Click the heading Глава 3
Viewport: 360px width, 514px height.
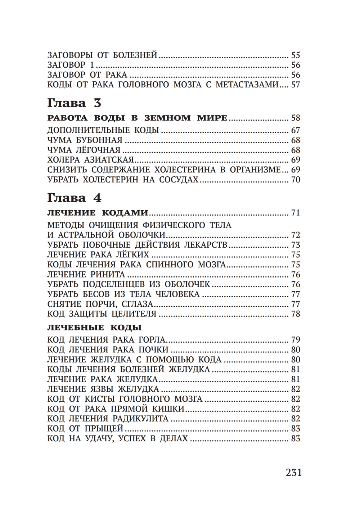tap(74, 103)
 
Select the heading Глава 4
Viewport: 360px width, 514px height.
tap(74, 198)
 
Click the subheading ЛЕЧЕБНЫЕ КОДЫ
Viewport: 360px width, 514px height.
tap(94, 328)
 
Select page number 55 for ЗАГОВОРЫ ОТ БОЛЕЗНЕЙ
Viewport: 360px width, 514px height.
tap(296, 55)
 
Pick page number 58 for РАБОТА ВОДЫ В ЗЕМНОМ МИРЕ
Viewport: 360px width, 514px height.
tap(296, 118)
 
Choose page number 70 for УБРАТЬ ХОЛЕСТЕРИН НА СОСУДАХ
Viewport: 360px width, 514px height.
tap(296, 180)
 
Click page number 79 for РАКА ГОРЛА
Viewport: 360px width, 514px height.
tap(296, 340)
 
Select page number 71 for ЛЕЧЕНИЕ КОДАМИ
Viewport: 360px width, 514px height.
tap(296, 213)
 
